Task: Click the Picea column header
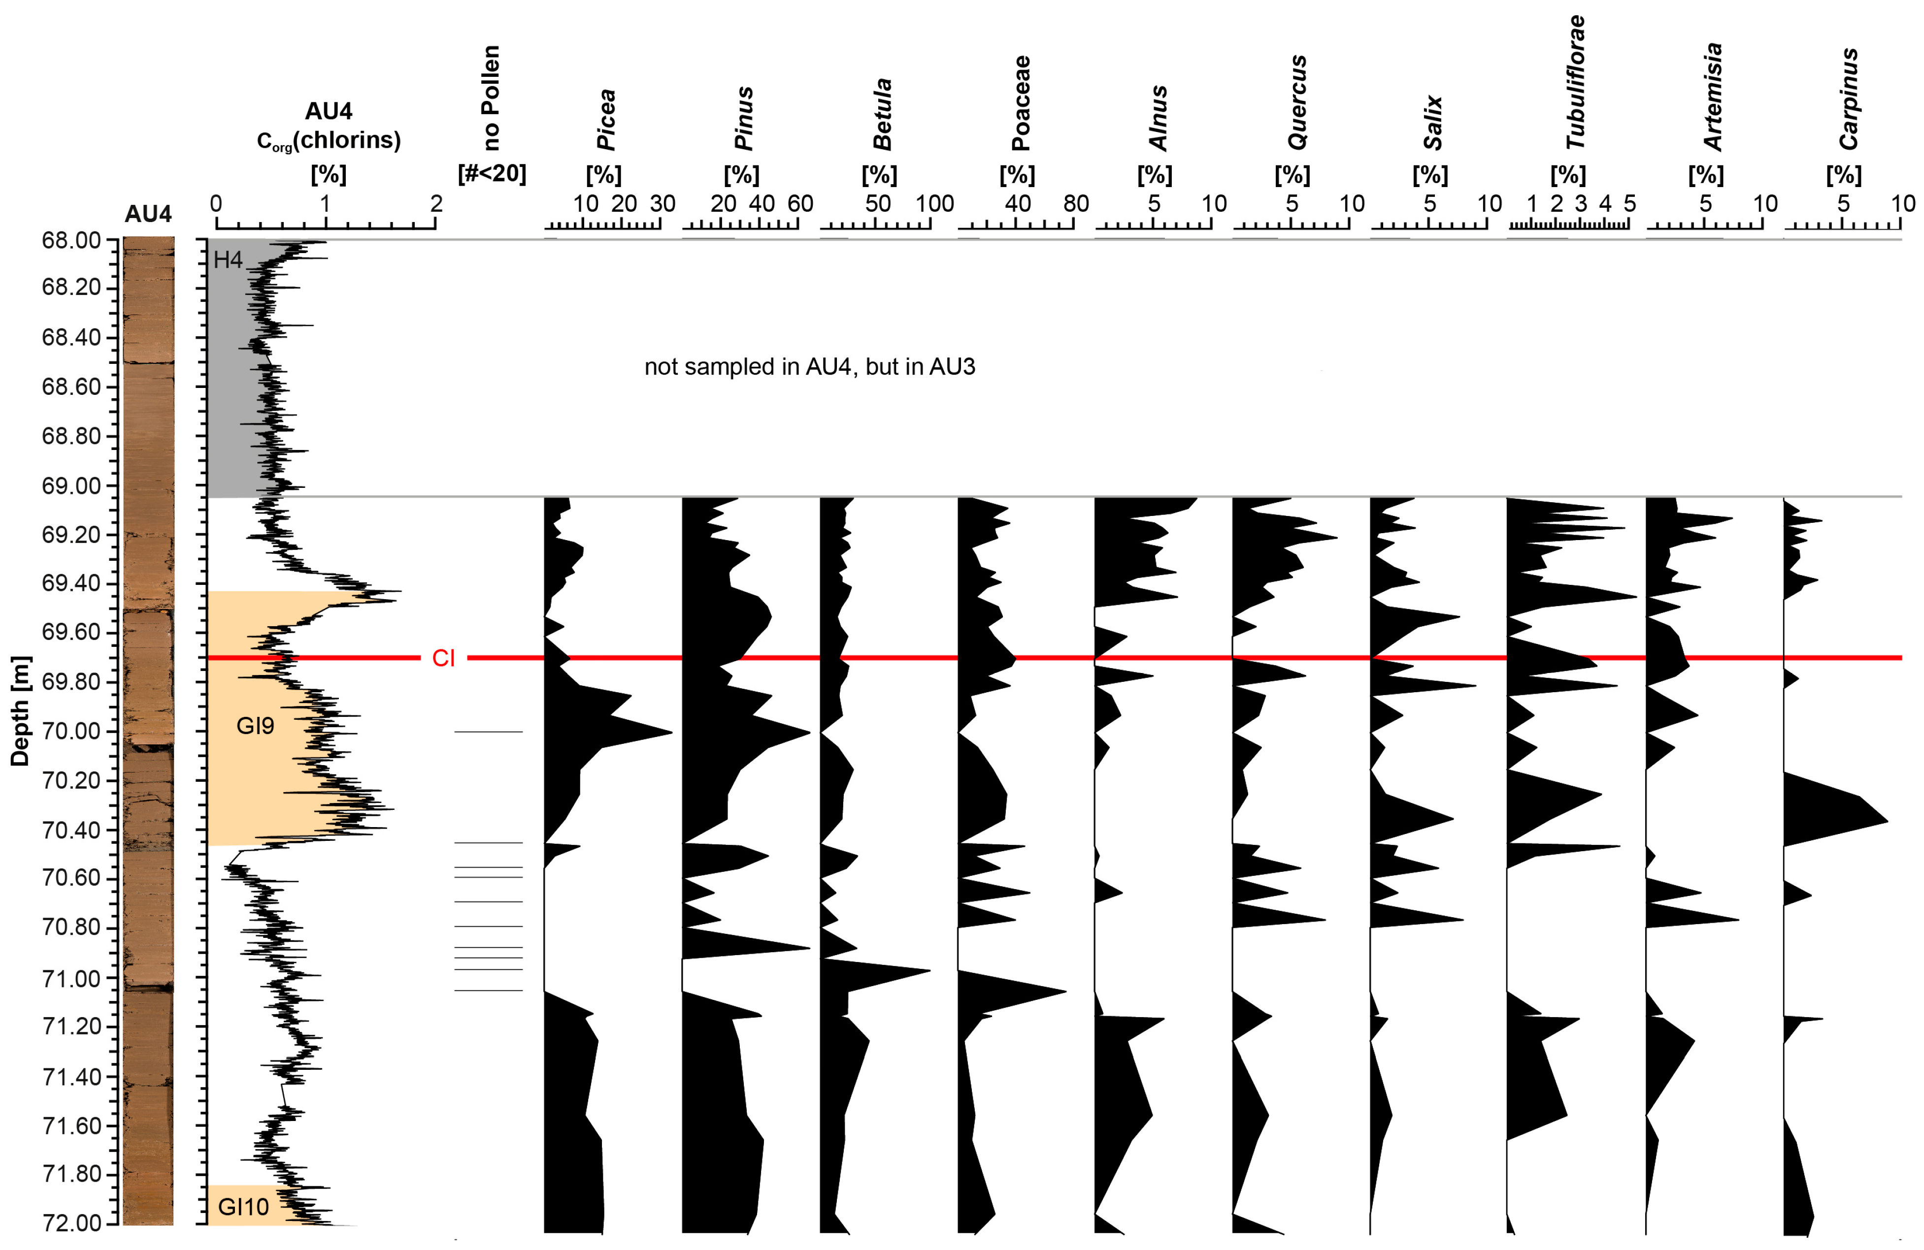click(605, 120)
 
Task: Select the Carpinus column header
click(1849, 98)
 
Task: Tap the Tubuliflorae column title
click(1575, 82)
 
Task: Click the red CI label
click(443, 659)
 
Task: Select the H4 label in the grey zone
click(228, 260)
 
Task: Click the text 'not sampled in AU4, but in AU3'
click(809, 367)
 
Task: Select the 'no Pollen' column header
click(491, 98)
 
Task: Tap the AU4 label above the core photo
click(148, 214)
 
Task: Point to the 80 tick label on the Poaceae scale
click(1075, 204)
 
